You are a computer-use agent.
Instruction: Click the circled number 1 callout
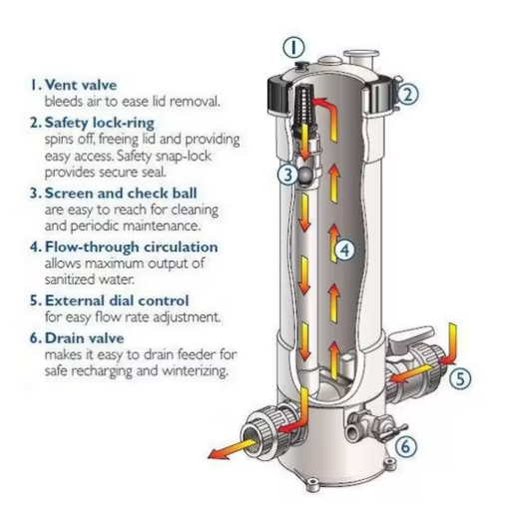click(293, 46)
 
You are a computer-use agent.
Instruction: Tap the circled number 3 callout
click(286, 175)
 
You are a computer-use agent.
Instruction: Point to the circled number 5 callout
click(459, 378)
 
